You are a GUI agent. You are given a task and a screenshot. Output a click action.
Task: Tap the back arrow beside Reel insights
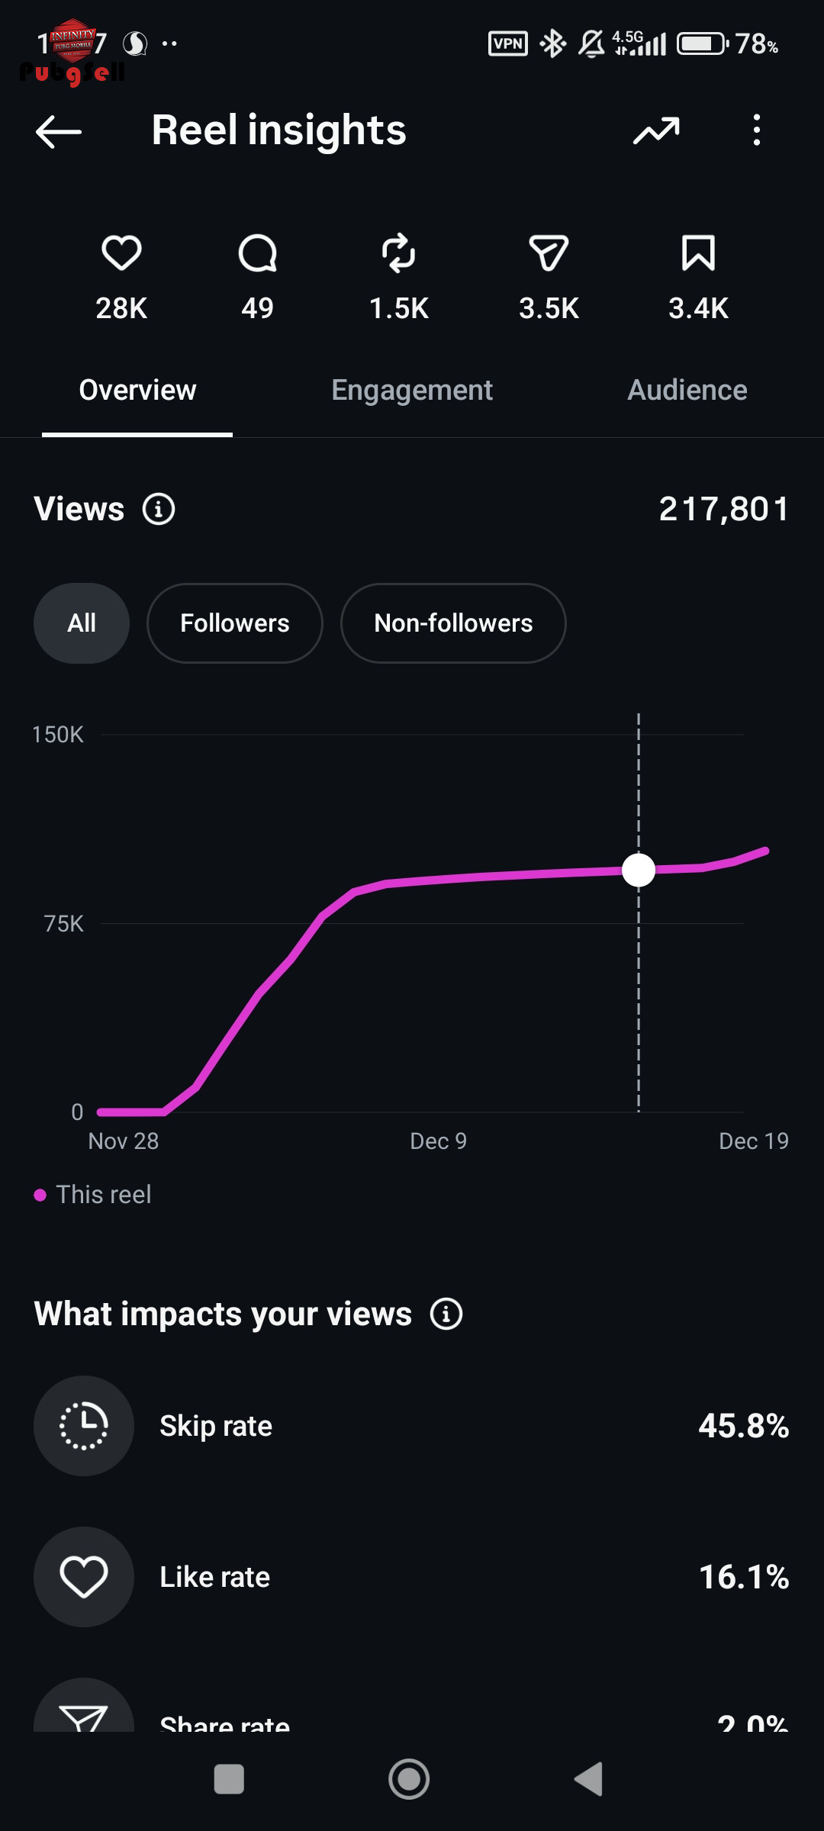(59, 131)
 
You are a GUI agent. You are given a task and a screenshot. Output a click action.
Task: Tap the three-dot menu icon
(756, 130)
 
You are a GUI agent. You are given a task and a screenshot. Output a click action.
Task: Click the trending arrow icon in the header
(656, 131)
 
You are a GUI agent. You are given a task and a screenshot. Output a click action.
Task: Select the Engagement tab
(412, 390)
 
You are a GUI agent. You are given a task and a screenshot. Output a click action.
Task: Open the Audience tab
(687, 390)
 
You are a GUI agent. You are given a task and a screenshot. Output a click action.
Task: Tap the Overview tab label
(137, 390)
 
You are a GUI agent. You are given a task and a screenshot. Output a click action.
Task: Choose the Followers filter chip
(234, 623)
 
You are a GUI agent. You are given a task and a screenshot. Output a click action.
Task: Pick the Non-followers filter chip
(453, 623)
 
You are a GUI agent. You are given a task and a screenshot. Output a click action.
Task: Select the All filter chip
(82, 623)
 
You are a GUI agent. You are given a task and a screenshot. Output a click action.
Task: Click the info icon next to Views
(159, 509)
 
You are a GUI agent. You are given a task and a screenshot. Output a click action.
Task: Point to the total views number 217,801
(723, 509)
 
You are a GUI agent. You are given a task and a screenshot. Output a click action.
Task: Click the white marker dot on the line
(639, 870)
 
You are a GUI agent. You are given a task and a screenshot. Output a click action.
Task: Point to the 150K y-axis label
(58, 735)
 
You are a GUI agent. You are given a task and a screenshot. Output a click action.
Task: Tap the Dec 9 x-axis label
(438, 1141)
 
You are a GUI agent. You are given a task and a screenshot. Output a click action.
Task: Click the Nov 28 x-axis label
(124, 1141)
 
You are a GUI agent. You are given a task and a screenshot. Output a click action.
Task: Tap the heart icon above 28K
(121, 253)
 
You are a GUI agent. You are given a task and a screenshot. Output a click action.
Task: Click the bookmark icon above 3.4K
(698, 253)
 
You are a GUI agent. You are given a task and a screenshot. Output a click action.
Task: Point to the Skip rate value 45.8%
(743, 1426)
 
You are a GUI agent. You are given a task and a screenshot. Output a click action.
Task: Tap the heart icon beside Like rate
(84, 1577)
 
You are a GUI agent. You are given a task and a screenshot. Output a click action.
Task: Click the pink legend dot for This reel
(40, 1195)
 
